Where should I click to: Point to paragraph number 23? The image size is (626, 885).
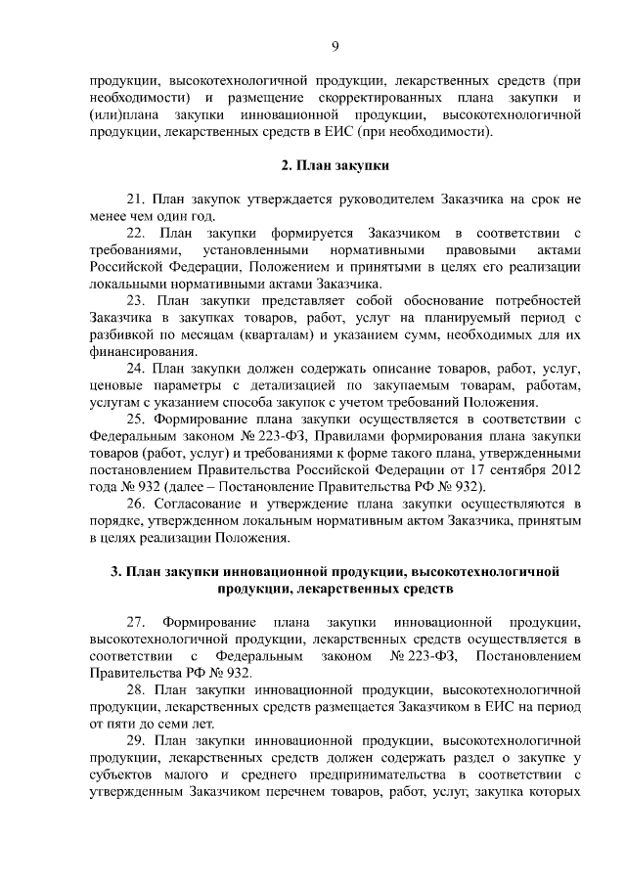[137, 301]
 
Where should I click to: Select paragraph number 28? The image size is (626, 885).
[137, 690]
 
